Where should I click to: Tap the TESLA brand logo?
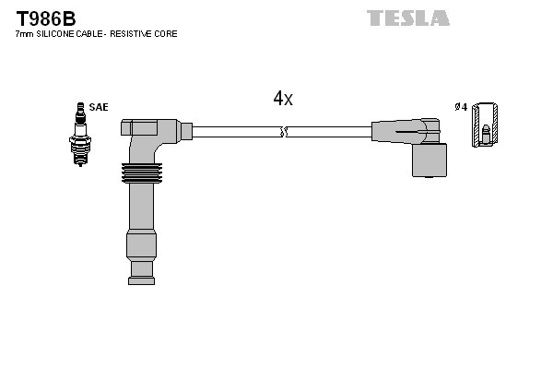pos(407,18)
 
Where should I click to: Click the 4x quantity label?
pos(283,99)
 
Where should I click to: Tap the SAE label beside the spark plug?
pos(99,108)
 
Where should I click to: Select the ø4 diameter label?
pos(461,108)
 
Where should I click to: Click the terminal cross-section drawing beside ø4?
pos(486,124)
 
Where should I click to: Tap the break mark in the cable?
pos(285,133)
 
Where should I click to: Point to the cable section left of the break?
pos(235,133)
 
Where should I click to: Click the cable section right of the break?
pos(327,133)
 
